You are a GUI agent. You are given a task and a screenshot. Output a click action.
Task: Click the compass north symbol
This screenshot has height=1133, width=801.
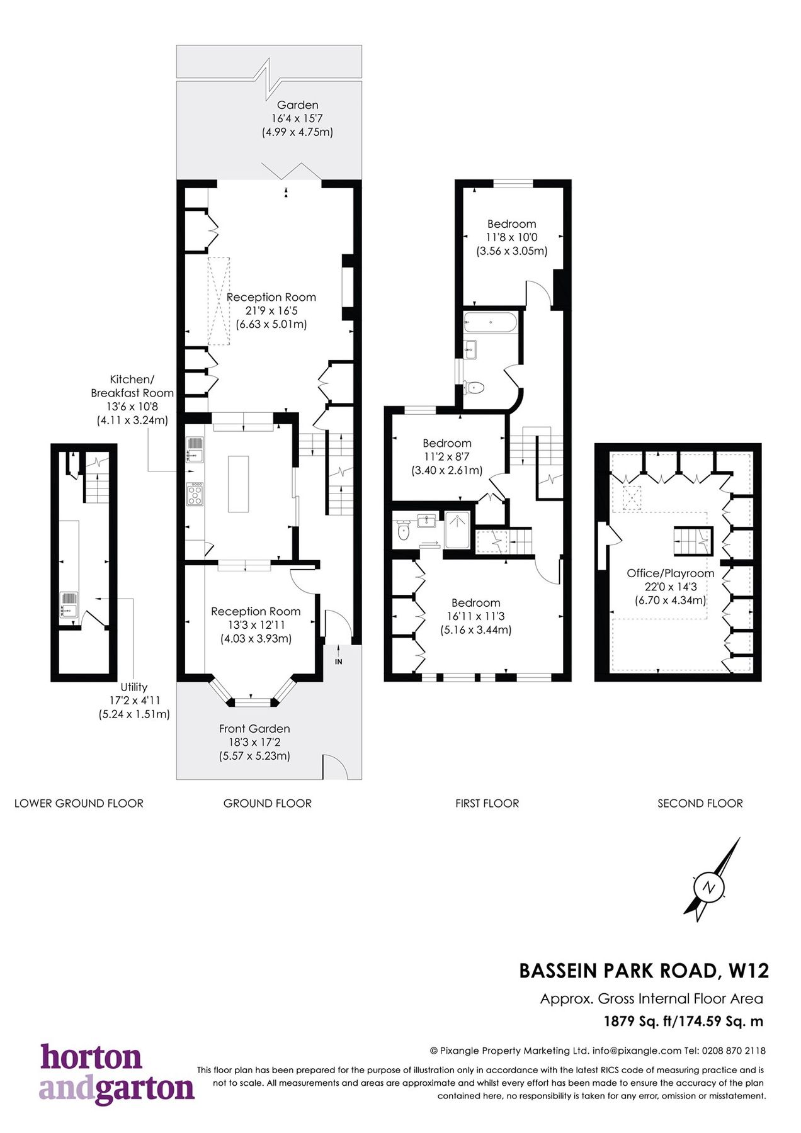point(709,888)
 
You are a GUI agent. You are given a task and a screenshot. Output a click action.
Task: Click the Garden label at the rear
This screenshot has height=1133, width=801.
point(297,105)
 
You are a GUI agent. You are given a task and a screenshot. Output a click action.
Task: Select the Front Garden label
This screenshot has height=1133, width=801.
point(254,728)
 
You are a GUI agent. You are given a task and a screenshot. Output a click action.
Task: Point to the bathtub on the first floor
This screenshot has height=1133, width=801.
point(490,324)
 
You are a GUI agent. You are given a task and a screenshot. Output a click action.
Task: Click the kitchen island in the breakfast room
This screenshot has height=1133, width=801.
point(238,483)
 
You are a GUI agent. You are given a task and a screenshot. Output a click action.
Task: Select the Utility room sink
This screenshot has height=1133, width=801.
point(69,604)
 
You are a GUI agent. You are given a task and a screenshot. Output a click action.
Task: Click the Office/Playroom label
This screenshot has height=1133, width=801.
point(670,573)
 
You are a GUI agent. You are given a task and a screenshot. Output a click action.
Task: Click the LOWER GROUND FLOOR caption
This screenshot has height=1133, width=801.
point(79,803)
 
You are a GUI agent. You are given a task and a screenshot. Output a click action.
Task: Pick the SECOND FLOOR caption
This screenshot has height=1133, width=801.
point(700,803)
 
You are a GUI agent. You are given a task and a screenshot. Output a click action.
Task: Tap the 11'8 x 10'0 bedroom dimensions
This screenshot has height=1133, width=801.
point(511,237)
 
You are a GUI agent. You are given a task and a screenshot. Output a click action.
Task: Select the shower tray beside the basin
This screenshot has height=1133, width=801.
point(457,529)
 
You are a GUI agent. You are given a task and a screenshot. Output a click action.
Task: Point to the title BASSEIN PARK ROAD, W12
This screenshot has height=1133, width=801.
point(644,971)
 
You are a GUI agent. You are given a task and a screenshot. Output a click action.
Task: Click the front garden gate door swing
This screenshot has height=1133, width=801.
point(334,766)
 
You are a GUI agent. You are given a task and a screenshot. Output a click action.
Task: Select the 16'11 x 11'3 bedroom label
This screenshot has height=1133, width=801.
point(475,616)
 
